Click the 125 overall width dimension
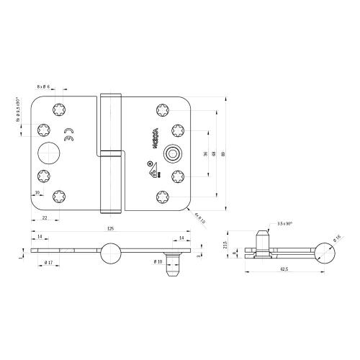(110, 228)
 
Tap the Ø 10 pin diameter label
(157, 261)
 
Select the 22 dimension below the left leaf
(45, 217)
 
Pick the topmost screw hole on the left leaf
(58, 109)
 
